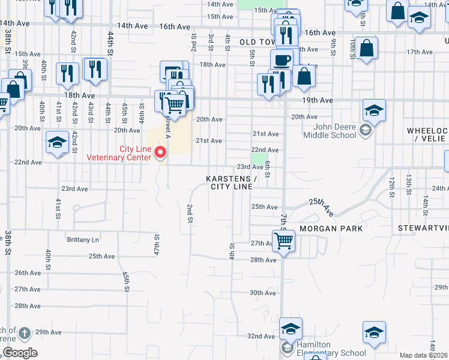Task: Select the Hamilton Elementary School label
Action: point(332,352)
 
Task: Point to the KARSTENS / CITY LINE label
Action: point(231,183)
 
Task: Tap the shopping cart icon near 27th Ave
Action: point(283,242)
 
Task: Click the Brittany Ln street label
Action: point(83,239)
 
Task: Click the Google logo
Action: point(19,353)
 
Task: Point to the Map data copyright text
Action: point(423,355)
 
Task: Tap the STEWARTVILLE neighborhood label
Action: point(423,229)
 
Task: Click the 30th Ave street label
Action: point(262,293)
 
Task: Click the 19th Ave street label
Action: point(318,100)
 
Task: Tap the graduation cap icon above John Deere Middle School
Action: point(374,111)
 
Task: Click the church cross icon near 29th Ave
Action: point(25,332)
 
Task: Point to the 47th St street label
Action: point(156,244)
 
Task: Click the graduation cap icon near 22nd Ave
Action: point(57,142)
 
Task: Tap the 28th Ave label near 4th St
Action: point(263,260)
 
